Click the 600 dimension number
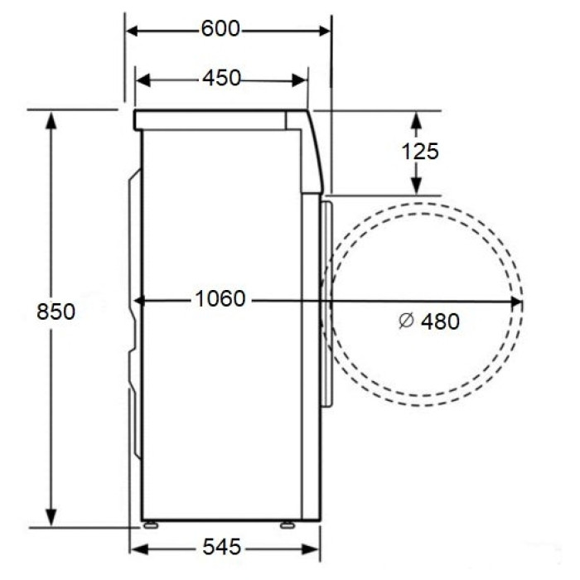[220, 28]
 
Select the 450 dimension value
[221, 78]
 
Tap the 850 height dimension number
[56, 312]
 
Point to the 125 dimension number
[420, 152]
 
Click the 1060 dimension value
[220, 298]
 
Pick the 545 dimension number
[221, 546]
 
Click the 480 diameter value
[440, 321]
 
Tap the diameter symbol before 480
[407, 321]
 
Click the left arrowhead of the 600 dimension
[133, 31]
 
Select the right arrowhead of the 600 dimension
[325, 31]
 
